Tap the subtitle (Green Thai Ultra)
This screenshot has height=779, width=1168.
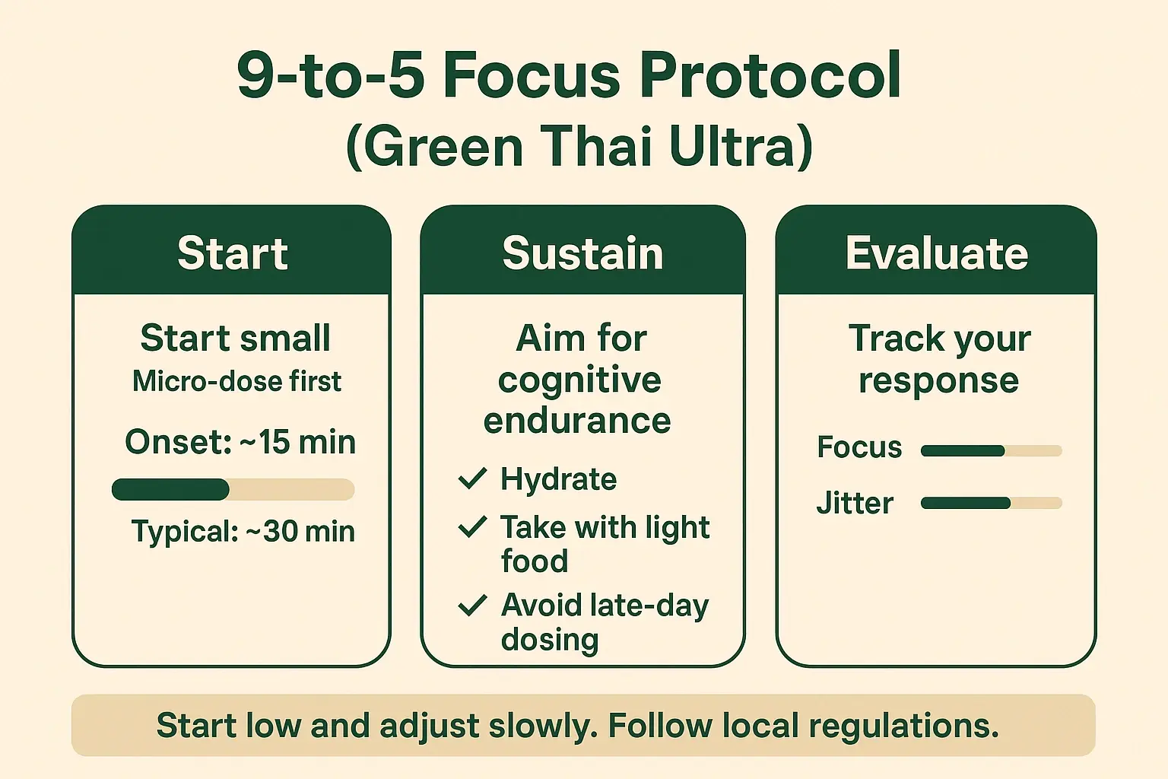[579, 146]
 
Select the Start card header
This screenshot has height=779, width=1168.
[232, 253]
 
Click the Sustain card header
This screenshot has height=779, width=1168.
[582, 253]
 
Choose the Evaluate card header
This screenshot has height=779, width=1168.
[936, 253]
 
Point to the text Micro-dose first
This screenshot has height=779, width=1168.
[236, 381]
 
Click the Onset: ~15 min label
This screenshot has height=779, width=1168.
[240, 442]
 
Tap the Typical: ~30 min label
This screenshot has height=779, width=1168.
[243, 531]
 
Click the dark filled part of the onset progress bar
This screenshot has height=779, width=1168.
[170, 489]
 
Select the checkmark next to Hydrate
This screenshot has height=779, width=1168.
[472, 479]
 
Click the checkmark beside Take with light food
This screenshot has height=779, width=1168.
[472, 526]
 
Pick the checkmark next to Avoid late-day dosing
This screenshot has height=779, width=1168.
[472, 606]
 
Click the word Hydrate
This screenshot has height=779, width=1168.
[558, 479]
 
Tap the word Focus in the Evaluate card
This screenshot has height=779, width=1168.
[859, 447]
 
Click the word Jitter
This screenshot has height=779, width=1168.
[855, 504]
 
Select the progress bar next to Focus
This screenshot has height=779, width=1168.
[991, 450]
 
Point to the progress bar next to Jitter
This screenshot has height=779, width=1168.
[991, 503]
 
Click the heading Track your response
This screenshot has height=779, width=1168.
[939, 359]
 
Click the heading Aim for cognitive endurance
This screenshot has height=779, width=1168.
[579, 380]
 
